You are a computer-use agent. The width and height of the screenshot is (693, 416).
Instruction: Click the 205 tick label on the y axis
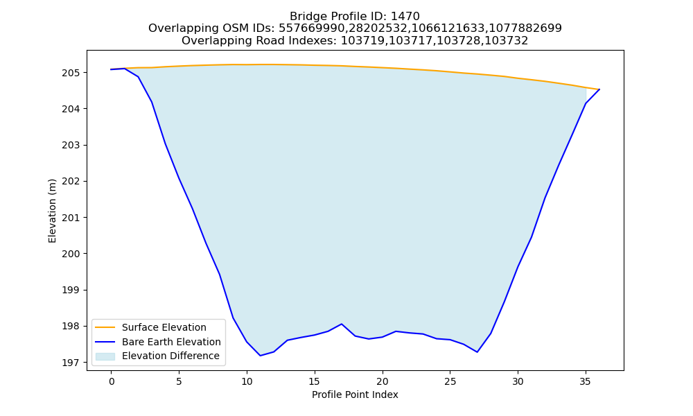tap(71, 73)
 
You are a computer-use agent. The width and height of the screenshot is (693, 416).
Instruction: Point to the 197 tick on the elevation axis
tap(71, 363)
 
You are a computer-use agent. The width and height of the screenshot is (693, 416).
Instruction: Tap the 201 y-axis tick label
tap(71, 218)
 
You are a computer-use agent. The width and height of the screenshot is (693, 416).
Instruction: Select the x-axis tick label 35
tap(586, 381)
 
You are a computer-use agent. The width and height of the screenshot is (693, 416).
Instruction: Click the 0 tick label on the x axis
tap(112, 381)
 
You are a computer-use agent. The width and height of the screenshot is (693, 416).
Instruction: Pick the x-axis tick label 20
tap(383, 381)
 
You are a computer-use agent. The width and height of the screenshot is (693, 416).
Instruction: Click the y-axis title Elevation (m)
tap(52, 211)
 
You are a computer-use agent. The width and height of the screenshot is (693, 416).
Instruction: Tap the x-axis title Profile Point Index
tap(355, 395)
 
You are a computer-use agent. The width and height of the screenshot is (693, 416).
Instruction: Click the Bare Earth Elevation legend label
tap(171, 342)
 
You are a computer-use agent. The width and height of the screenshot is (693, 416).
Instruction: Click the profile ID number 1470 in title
tap(405, 17)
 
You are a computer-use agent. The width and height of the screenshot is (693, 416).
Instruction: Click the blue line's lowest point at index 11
tap(261, 356)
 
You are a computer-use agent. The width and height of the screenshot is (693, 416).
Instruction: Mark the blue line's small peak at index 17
tap(342, 324)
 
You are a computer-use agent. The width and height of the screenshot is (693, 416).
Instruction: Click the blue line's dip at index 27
tap(477, 352)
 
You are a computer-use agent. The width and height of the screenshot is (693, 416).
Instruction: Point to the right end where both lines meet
tap(599, 89)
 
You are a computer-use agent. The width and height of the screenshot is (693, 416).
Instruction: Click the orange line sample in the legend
tap(105, 327)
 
